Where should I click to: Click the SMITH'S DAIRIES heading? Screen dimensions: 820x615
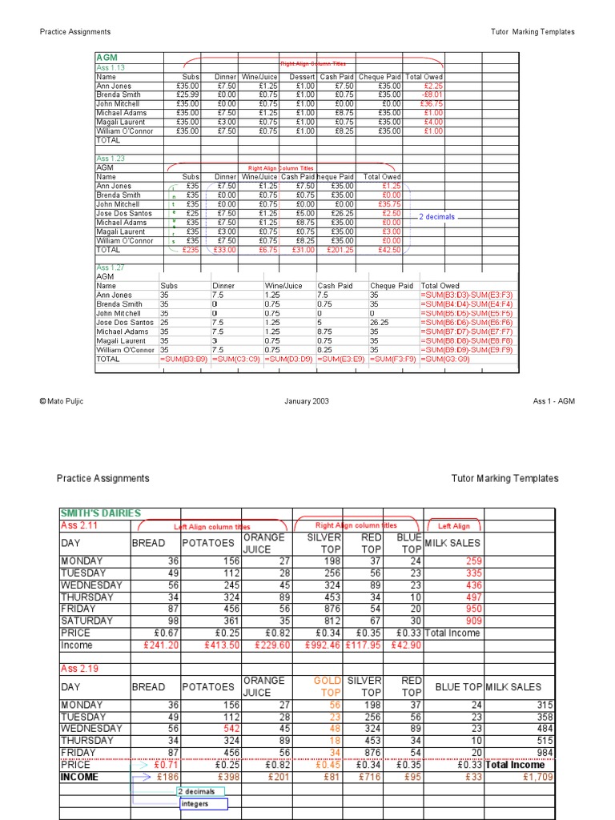pos(100,513)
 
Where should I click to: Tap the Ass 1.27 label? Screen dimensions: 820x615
pos(111,267)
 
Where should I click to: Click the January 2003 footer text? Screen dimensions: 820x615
pos(306,401)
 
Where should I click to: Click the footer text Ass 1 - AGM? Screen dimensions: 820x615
pos(553,401)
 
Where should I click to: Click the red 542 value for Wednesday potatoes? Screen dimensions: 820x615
pos(223,729)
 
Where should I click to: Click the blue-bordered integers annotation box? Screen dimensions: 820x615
pos(203,804)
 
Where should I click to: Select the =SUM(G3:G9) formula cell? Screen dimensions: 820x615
pos(447,359)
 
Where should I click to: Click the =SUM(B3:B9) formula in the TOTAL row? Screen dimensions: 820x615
pos(184,359)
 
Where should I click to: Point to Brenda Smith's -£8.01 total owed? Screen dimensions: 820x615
pos(432,94)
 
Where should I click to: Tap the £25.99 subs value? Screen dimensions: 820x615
pos(187,94)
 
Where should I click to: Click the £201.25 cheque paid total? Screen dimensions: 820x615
pos(340,250)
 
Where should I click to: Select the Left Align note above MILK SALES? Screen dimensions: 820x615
pos(455,526)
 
